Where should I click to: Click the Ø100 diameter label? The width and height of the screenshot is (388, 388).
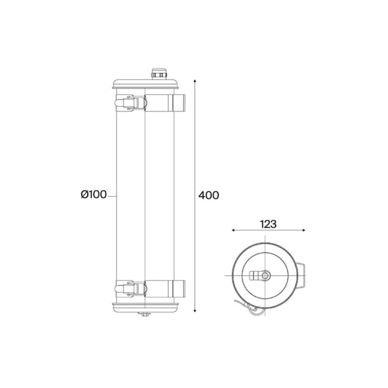[94, 195]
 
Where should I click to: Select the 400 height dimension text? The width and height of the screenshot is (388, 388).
[209, 195]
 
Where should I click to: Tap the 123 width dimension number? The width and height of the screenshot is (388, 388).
[268, 224]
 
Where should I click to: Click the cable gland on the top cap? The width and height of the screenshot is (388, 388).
[157, 74]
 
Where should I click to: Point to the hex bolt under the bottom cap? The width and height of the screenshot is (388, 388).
[145, 316]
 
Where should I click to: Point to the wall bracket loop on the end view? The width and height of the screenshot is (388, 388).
[302, 275]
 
